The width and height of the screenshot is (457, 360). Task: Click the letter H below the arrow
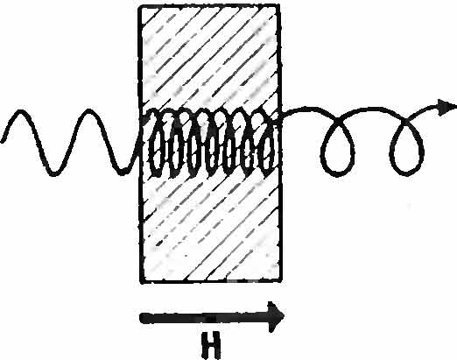click(x=210, y=346)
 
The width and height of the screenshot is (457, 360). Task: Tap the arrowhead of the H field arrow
click(x=276, y=317)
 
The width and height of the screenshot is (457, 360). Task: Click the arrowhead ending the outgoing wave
click(x=446, y=107)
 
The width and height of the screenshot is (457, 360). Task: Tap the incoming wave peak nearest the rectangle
click(x=89, y=112)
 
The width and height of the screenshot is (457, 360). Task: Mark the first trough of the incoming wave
click(x=54, y=173)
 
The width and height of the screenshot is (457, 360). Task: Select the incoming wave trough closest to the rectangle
click(x=123, y=173)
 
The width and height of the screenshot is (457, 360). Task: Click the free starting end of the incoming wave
click(x=3, y=142)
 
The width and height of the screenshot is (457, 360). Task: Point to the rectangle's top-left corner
click(x=139, y=6)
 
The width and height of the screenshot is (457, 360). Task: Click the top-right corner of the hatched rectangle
click(x=278, y=5)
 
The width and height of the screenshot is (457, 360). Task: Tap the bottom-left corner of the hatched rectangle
click(x=141, y=282)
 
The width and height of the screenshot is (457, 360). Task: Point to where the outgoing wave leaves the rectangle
click(x=281, y=116)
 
